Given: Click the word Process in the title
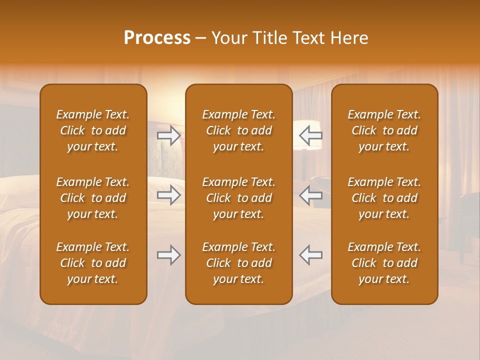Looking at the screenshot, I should (x=157, y=38).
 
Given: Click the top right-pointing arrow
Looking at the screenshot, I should (x=169, y=135).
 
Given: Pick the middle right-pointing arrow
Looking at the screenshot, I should (x=169, y=195).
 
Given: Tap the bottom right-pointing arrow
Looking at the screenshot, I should (x=169, y=255).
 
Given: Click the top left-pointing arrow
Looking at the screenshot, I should (x=310, y=135).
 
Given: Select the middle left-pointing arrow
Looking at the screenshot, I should (x=310, y=195).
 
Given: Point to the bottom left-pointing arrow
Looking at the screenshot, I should (x=310, y=255).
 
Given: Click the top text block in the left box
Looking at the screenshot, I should (x=93, y=130).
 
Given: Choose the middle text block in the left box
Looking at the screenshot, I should (x=93, y=198).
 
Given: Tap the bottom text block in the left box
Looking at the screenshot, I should (x=93, y=263).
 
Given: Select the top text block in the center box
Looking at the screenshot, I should (x=238, y=130).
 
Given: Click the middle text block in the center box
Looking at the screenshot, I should (x=238, y=198).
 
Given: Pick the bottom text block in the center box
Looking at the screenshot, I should (x=238, y=263).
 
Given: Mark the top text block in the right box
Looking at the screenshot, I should (x=384, y=130).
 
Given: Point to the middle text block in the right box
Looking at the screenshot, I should (x=384, y=198).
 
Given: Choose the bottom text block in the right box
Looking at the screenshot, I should (x=384, y=263).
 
